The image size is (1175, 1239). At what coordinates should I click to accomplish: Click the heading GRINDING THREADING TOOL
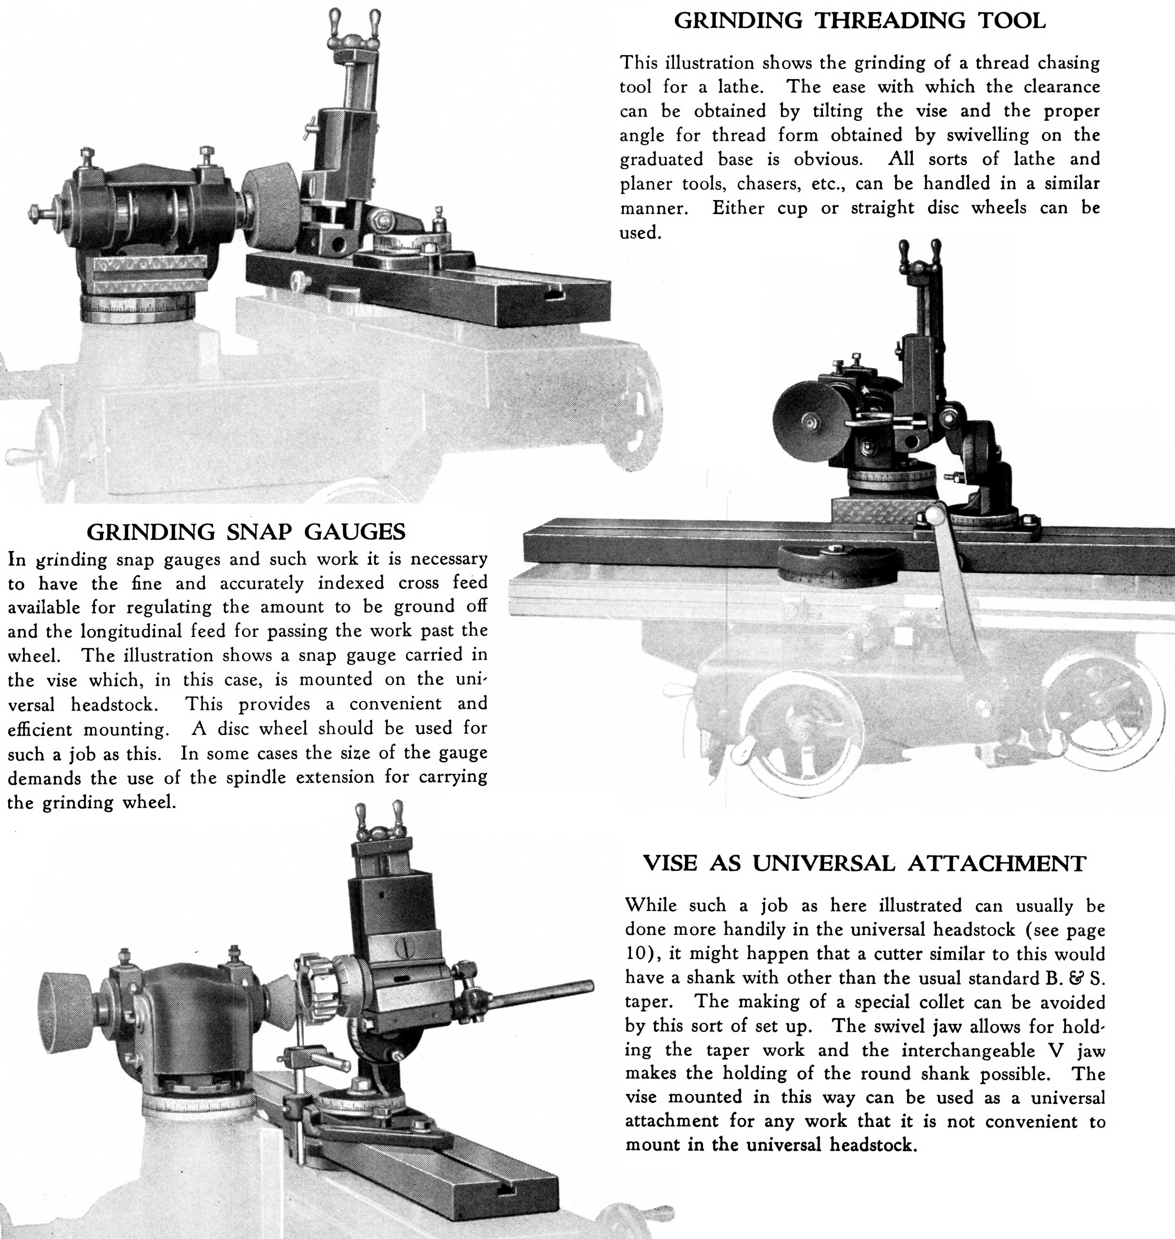[859, 21]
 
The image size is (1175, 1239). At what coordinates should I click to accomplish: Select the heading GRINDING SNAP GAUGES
[246, 532]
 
